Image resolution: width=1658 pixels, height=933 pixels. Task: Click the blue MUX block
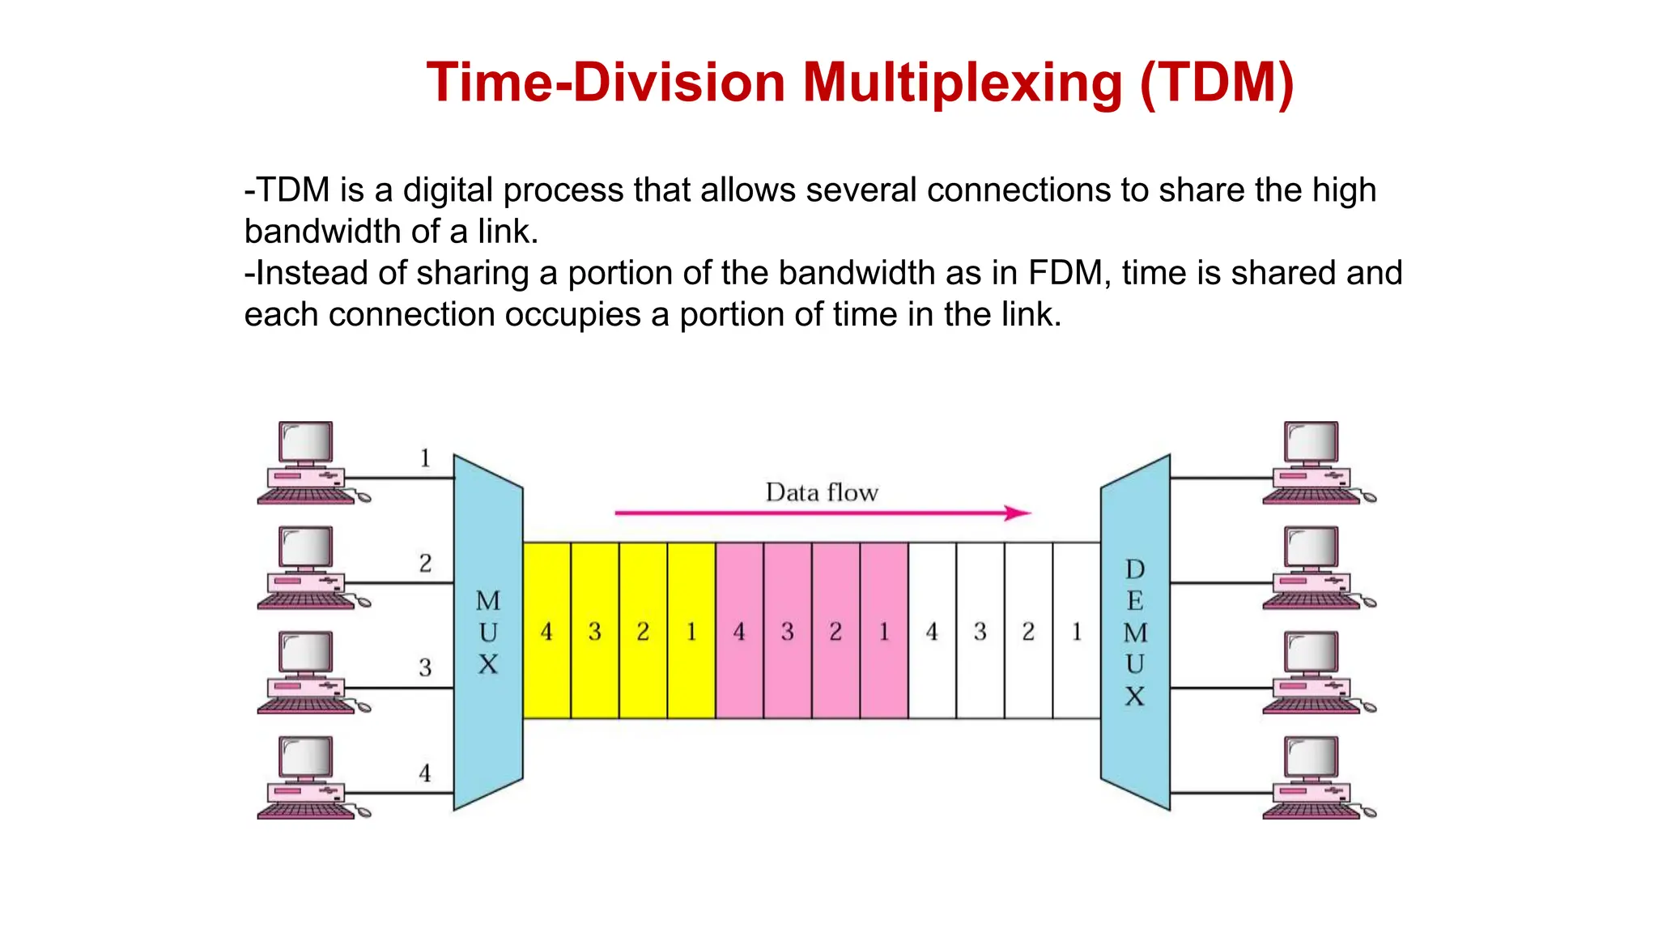click(487, 632)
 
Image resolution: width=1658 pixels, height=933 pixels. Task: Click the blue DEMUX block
click(1135, 632)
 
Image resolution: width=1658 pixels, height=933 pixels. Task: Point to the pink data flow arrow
click(822, 513)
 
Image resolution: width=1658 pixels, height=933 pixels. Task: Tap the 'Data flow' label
click(822, 492)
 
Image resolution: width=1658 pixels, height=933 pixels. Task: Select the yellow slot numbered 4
click(546, 631)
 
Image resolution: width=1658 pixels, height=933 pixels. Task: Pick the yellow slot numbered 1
click(691, 631)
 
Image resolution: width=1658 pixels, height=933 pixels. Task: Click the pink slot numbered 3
click(788, 631)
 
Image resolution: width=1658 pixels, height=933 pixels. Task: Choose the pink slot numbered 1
click(884, 631)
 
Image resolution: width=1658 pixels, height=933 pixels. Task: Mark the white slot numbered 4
click(932, 631)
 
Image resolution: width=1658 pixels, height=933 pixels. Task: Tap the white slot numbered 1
click(1077, 631)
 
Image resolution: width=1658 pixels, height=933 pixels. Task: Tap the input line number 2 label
click(425, 563)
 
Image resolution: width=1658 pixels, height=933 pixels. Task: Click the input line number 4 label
click(425, 773)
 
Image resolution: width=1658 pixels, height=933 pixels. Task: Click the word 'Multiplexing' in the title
click(962, 83)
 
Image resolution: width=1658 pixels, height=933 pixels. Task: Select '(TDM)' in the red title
click(1217, 83)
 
